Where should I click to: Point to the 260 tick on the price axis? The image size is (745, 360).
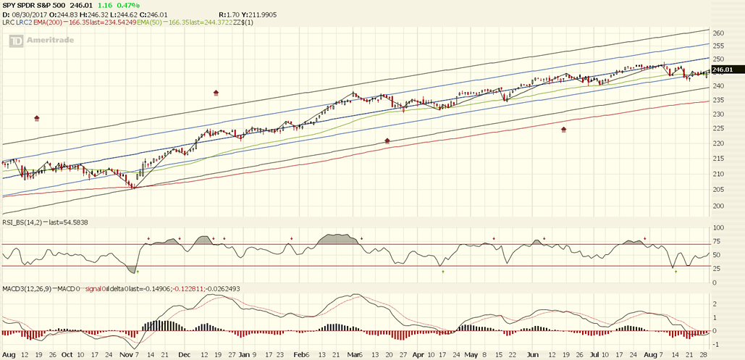click(x=718, y=33)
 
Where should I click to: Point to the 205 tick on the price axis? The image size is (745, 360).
click(x=718, y=190)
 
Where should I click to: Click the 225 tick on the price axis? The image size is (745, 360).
click(x=718, y=128)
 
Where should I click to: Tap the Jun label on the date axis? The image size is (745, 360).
click(x=532, y=355)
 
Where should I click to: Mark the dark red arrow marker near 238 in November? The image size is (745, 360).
click(x=216, y=93)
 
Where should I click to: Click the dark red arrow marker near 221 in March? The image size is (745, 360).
click(x=387, y=141)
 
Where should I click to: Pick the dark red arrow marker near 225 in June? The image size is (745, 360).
click(x=564, y=130)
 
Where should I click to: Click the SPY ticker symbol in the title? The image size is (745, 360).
click(x=9, y=4)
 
